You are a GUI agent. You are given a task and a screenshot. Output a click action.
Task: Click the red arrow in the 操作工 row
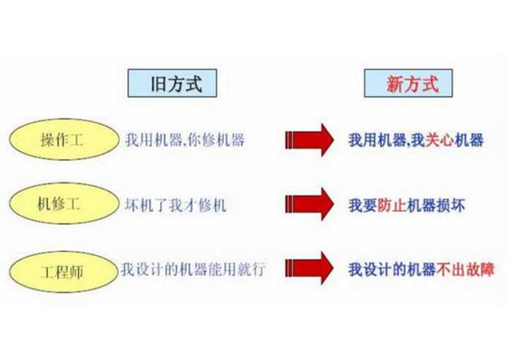[x=309, y=141]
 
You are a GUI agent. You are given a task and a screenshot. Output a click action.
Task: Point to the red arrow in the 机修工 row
[x=309, y=205]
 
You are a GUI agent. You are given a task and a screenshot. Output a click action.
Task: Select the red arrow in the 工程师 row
[x=309, y=269]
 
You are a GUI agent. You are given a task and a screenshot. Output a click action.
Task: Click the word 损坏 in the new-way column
[x=453, y=205]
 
